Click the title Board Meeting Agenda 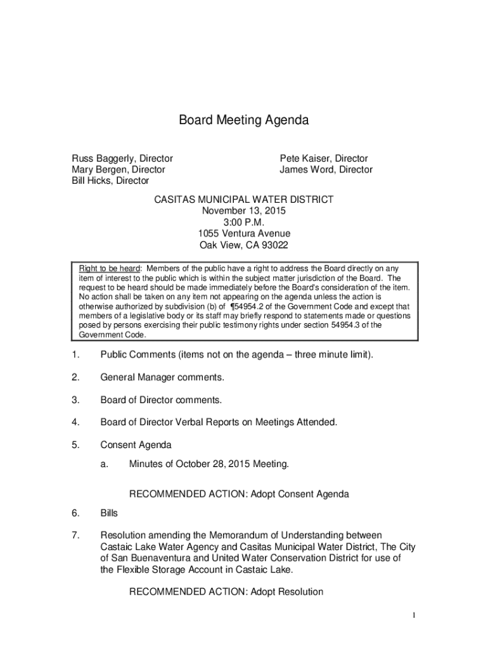243,120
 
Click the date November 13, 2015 244,211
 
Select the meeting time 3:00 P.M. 244,222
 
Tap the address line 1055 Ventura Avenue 244,234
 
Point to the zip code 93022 277,245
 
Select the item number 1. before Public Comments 75,355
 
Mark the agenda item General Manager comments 162,378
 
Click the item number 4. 75,422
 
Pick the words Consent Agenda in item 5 136,445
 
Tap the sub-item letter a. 104,465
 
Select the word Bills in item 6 109,513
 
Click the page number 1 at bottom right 413,615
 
